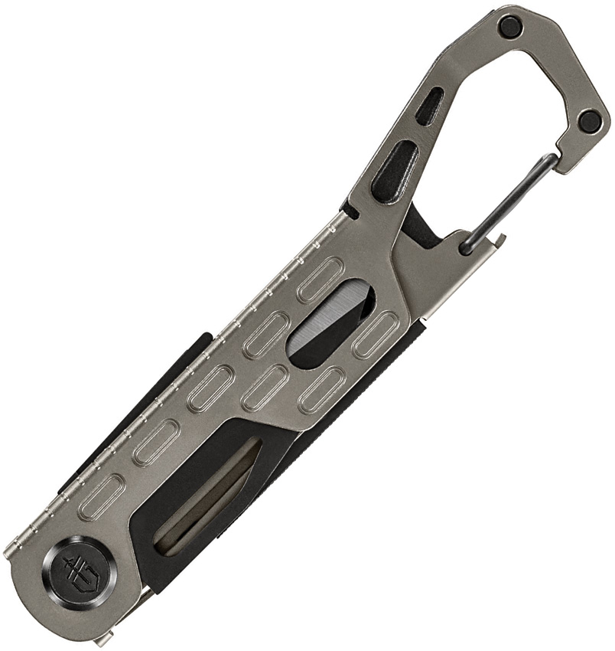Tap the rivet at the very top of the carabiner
click(x=510, y=27)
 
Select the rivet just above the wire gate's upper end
click(x=589, y=120)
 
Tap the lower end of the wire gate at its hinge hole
click(x=466, y=246)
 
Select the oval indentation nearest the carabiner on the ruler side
click(x=321, y=280)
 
